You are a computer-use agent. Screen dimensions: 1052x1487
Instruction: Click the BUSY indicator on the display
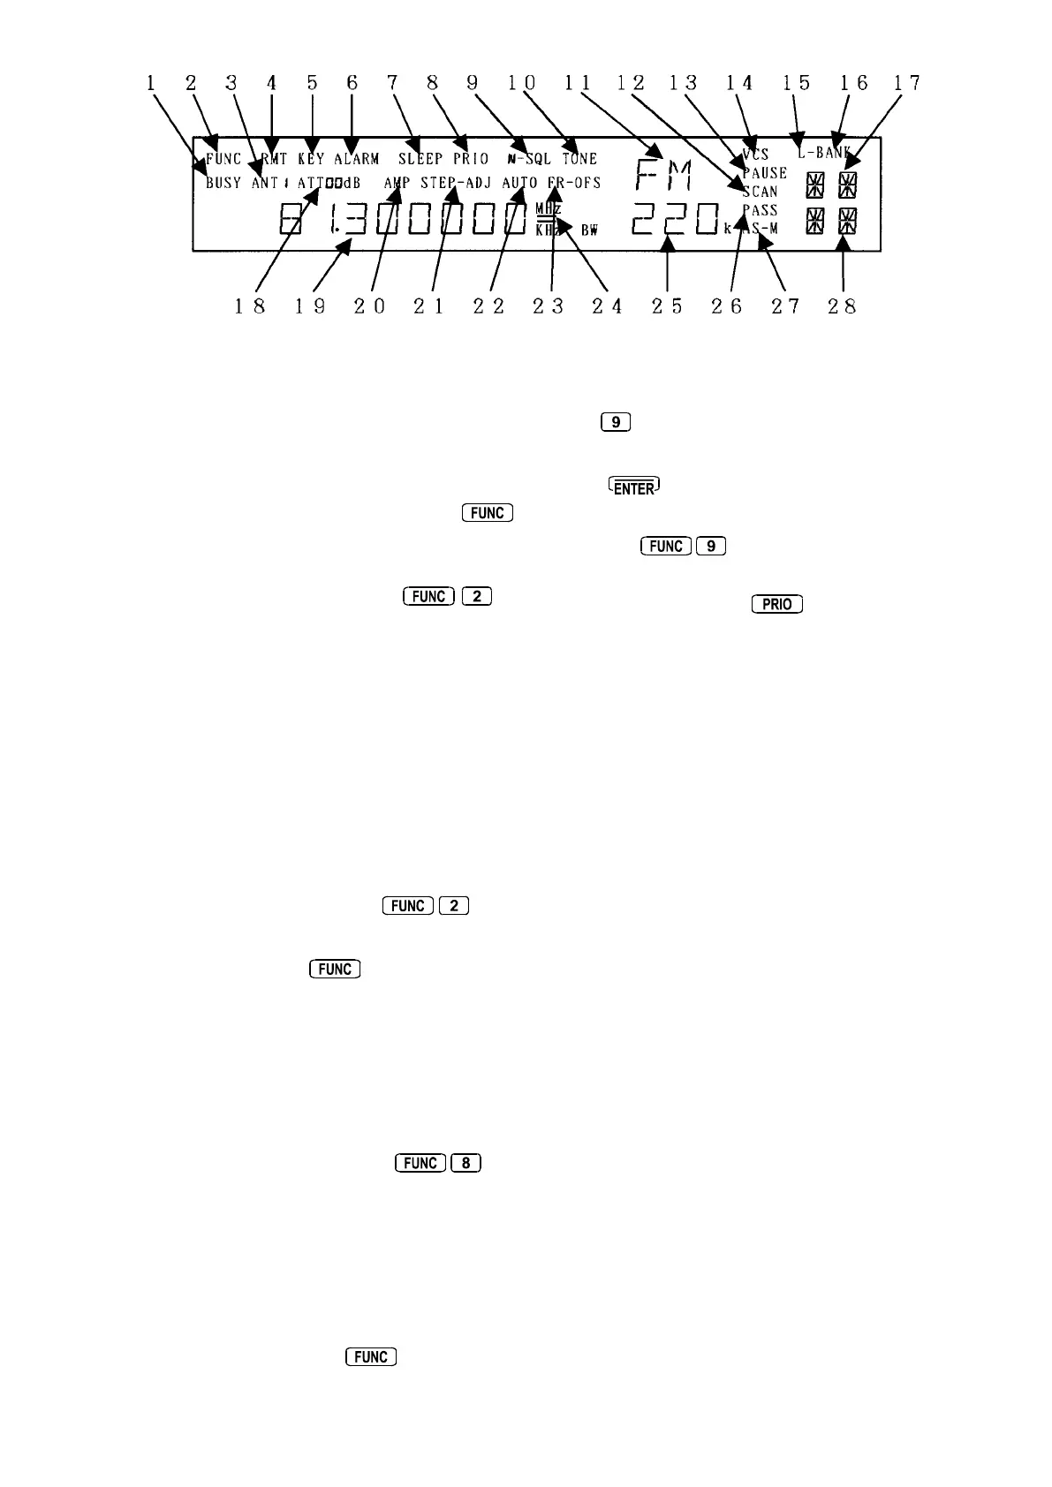click(223, 184)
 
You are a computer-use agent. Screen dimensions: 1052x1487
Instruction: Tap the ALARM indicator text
click(357, 160)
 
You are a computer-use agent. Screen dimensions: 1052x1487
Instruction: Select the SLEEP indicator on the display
click(420, 160)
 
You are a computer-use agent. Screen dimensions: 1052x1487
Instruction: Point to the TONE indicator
click(580, 160)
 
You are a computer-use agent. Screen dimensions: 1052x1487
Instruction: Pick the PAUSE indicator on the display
click(765, 173)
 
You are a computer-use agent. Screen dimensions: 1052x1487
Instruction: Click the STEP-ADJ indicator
click(455, 184)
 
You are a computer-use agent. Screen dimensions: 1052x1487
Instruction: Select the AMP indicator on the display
click(397, 184)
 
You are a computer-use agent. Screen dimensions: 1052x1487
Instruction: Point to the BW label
click(589, 230)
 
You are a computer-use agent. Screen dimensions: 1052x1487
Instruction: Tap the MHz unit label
click(549, 209)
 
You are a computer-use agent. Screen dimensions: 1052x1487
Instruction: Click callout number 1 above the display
click(151, 83)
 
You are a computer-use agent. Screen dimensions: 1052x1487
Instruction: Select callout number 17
click(906, 83)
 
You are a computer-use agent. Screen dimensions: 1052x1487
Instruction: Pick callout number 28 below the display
click(844, 306)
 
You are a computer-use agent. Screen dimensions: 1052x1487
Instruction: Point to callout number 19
click(310, 306)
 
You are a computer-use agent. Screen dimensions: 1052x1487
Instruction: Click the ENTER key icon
click(634, 487)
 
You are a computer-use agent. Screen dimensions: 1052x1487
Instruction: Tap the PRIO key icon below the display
click(776, 605)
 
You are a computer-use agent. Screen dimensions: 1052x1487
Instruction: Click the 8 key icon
click(465, 1163)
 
